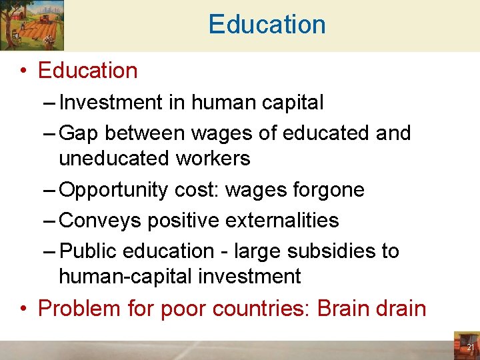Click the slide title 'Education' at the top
point(267,25)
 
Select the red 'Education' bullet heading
point(87,71)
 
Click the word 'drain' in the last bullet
point(402,309)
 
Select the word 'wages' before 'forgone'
point(254,190)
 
